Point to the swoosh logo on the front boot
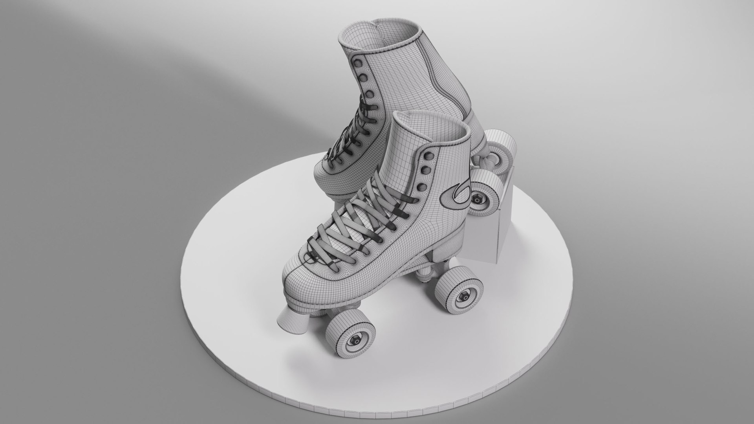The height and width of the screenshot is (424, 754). click(454, 196)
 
